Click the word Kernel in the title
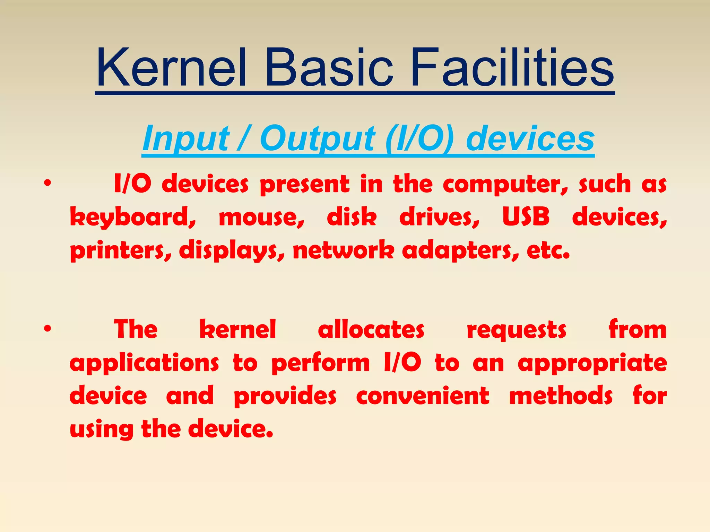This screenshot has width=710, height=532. (172, 68)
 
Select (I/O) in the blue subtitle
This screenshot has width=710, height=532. (419, 139)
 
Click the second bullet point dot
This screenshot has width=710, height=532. (47, 328)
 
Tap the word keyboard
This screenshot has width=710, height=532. (133, 218)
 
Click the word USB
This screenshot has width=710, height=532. (526, 217)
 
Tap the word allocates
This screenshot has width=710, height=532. (371, 329)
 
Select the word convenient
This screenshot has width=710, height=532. (423, 396)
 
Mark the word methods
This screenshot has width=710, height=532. (561, 396)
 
